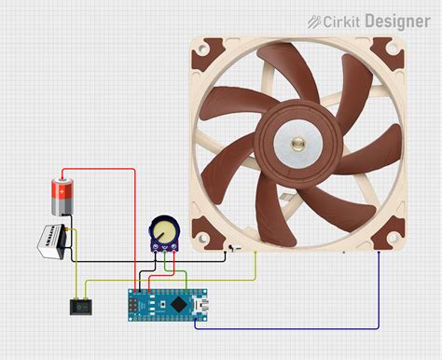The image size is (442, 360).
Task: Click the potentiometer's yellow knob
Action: coord(165,227)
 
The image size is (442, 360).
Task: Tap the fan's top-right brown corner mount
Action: coord(390,54)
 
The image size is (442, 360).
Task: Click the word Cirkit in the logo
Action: coord(343,21)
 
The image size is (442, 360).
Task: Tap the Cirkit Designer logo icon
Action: coord(315,21)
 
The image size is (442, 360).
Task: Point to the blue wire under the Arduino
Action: coord(280,327)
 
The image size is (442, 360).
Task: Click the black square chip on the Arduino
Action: coord(176,304)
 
